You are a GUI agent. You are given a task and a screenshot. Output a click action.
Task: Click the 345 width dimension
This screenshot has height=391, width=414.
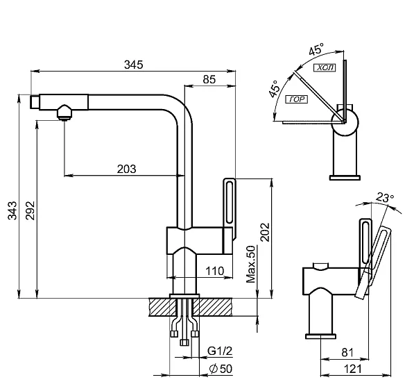(134, 65)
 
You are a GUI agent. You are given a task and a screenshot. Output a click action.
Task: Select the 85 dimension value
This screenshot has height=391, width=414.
(209, 79)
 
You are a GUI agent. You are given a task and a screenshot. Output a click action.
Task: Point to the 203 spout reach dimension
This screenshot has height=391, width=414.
(127, 169)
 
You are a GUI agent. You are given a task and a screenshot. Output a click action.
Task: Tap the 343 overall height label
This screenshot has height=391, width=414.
(12, 210)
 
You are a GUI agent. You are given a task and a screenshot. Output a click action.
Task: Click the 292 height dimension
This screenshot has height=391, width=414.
(30, 210)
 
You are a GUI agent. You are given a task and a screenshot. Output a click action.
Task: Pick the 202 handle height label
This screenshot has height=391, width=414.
(265, 232)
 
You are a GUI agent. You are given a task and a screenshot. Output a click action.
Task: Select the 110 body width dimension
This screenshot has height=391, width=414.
(215, 271)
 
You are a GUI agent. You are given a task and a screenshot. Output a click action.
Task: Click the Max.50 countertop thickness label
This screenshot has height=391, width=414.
(251, 264)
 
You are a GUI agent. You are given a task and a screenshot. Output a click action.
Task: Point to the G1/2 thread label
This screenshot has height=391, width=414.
(220, 351)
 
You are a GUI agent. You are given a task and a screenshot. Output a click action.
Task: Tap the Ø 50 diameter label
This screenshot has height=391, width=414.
(221, 369)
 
